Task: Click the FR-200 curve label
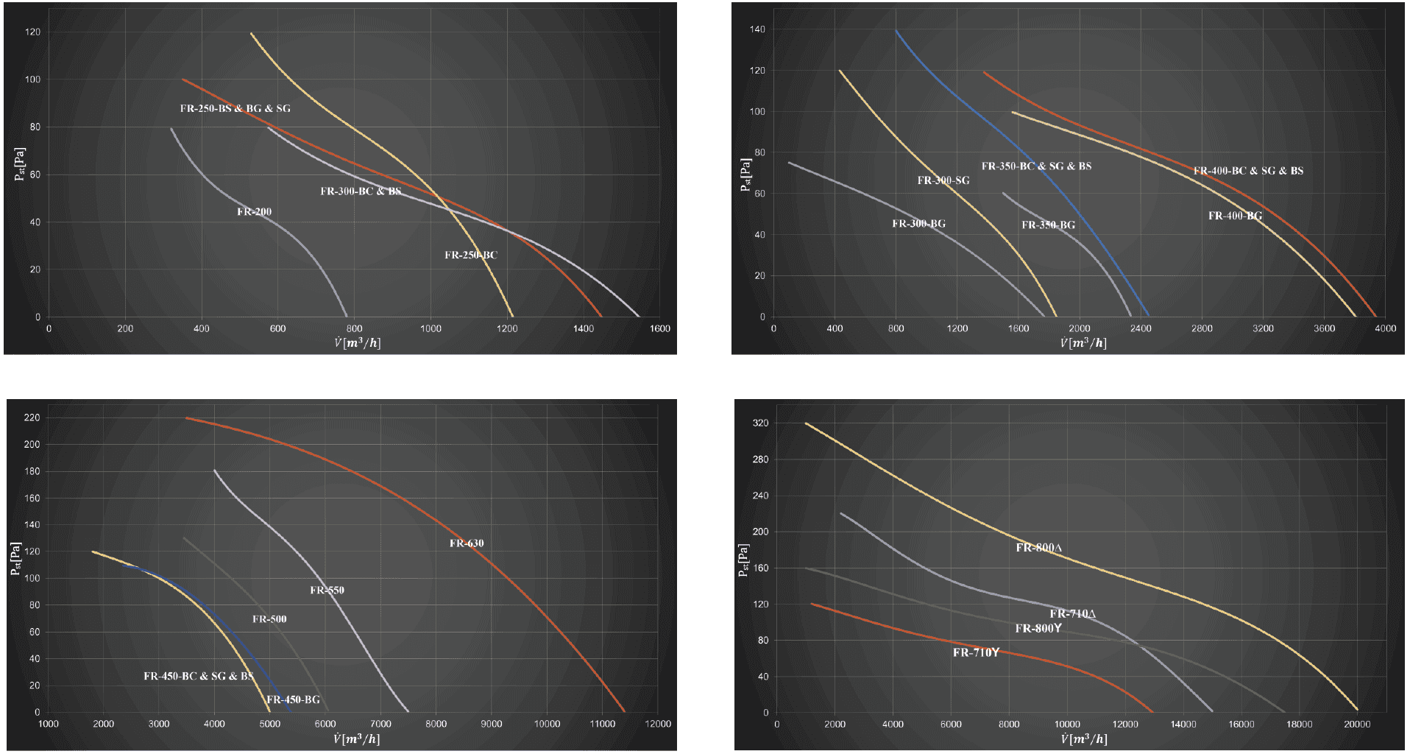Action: coord(254,212)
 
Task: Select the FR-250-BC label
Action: coord(471,256)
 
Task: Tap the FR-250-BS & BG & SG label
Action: coord(235,109)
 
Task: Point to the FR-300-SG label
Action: coord(943,180)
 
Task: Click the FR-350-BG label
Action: coord(1048,225)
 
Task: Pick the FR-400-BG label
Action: coord(1235,216)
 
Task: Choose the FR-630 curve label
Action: coord(467,544)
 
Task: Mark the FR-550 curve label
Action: coord(327,591)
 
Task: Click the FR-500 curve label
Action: coord(269,619)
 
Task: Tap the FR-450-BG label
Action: coord(293,700)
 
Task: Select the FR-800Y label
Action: coord(1038,629)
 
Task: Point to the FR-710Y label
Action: coord(976,653)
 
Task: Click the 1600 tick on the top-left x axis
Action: coord(660,328)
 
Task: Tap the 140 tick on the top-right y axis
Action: coord(758,29)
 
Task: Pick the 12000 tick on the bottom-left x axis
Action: coord(657,724)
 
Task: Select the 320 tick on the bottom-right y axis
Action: coord(761,423)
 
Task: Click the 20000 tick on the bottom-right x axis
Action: coord(1357,725)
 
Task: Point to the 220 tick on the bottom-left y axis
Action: coord(32,418)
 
